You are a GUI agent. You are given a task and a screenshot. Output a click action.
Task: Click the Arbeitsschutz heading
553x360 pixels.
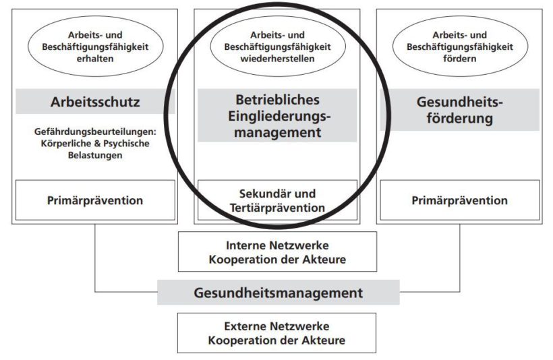click(95, 102)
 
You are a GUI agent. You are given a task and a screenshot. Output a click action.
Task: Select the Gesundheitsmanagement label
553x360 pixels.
click(279, 293)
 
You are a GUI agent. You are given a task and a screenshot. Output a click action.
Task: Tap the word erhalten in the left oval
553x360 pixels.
click(95, 59)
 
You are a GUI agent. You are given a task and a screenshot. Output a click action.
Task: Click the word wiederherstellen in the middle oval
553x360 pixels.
click(278, 59)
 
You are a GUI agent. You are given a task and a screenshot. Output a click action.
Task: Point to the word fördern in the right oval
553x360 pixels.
click(459, 59)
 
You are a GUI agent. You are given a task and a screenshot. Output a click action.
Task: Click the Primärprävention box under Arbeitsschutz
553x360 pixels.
click(95, 200)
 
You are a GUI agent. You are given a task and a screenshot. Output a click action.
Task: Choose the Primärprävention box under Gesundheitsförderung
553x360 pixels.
click(459, 200)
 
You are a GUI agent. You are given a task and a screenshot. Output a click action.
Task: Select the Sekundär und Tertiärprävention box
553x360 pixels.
click(278, 200)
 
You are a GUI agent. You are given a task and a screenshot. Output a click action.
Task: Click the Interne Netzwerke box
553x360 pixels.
click(278, 251)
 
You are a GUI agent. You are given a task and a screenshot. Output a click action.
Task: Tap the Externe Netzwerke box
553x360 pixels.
click(277, 333)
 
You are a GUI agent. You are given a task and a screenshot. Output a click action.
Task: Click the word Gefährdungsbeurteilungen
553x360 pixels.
click(95, 131)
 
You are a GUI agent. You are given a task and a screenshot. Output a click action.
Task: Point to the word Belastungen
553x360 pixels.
click(95, 155)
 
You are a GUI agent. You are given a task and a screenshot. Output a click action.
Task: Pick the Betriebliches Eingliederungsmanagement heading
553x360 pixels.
click(278, 116)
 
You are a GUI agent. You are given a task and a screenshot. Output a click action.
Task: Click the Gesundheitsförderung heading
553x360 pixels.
click(459, 110)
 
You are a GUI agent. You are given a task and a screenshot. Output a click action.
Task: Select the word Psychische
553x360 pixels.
click(126, 144)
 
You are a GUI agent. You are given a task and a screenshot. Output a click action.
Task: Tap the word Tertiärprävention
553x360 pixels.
click(278, 208)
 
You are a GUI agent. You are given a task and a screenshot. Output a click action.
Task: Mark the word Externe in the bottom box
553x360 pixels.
click(245, 326)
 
